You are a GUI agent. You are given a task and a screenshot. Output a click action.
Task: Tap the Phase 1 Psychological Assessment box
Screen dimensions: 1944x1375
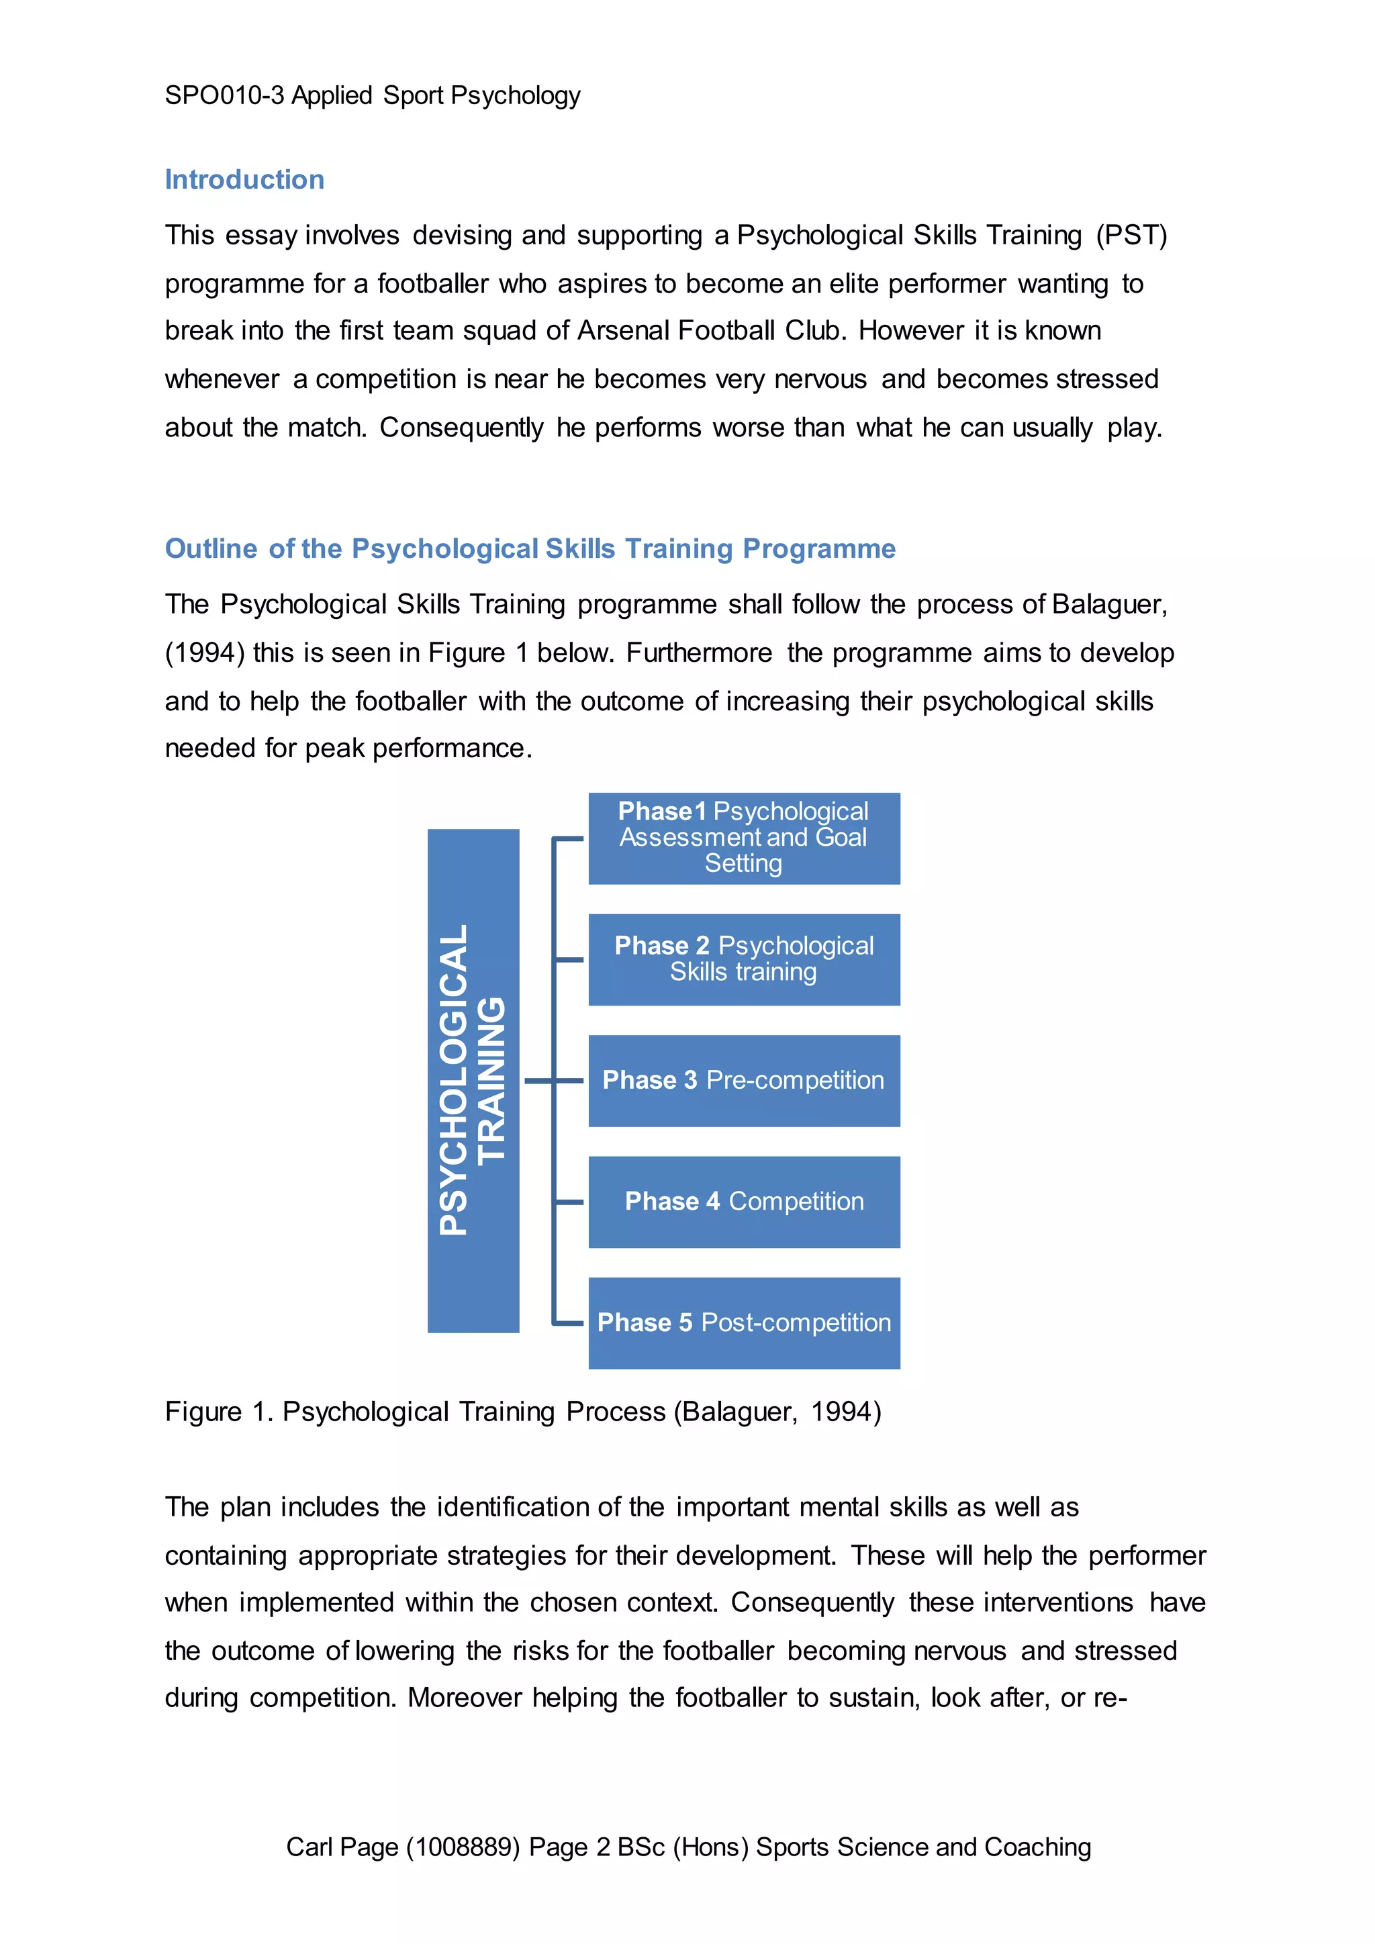click(x=743, y=838)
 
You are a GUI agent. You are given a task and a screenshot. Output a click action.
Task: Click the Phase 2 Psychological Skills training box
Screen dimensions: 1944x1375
click(x=743, y=959)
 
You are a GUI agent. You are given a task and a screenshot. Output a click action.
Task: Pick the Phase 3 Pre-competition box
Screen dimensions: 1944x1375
click(x=743, y=1080)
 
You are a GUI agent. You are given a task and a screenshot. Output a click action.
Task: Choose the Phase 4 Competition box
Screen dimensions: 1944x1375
click(x=743, y=1202)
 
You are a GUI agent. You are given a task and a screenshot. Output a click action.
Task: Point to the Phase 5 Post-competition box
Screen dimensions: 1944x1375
click(x=743, y=1322)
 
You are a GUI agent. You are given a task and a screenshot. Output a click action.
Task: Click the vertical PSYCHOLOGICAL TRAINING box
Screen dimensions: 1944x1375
click(x=473, y=1079)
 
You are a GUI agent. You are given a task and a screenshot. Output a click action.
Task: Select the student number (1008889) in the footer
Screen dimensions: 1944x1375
click(x=463, y=1847)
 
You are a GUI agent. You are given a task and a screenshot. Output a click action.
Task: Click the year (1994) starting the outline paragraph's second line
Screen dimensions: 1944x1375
click(x=204, y=652)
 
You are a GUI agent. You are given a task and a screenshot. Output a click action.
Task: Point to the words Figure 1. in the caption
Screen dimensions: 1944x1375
click(x=218, y=1412)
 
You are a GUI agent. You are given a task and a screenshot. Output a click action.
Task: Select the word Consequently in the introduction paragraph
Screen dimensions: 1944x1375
click(x=461, y=428)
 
